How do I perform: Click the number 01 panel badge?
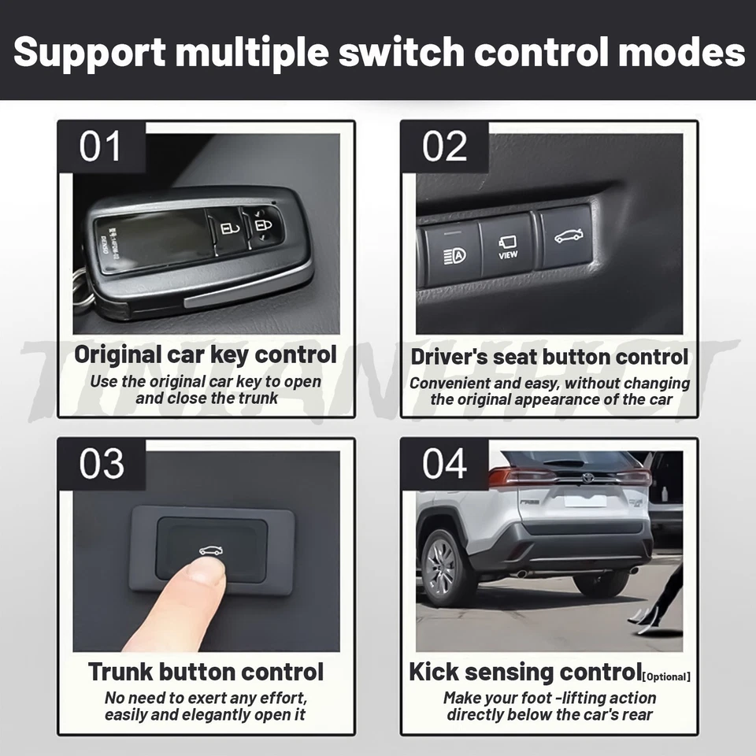coord(102,147)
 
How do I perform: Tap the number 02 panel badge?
coord(445,147)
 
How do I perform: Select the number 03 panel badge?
coord(102,464)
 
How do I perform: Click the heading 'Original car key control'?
coord(206,354)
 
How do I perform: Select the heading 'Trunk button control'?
coord(206,672)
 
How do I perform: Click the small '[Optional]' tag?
coord(666,676)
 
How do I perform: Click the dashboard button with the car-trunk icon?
coord(565,235)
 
